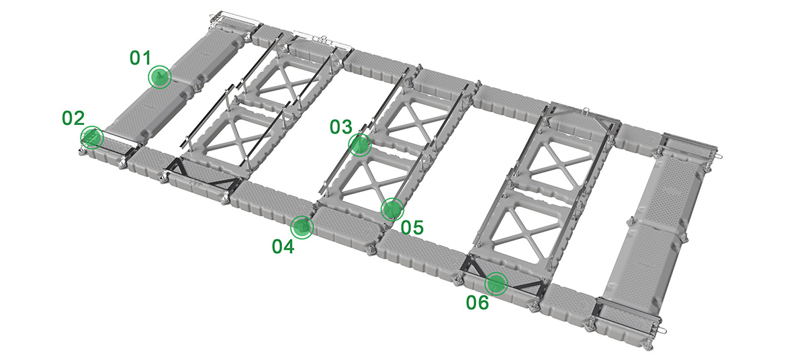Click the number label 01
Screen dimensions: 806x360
140,58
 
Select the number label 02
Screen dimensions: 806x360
73,118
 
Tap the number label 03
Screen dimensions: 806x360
341,127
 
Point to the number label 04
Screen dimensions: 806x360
283,246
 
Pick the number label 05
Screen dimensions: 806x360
412,228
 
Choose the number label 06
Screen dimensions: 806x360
478,303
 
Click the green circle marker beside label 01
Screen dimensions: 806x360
159,77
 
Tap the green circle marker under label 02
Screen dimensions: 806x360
92,138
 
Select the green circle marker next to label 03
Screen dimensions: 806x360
360,145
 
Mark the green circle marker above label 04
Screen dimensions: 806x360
302,227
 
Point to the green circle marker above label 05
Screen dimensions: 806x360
392,209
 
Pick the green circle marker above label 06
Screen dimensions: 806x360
496,283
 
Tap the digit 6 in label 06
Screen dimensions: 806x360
483,303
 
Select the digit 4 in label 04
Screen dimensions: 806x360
289,246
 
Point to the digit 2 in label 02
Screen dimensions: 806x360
79,118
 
